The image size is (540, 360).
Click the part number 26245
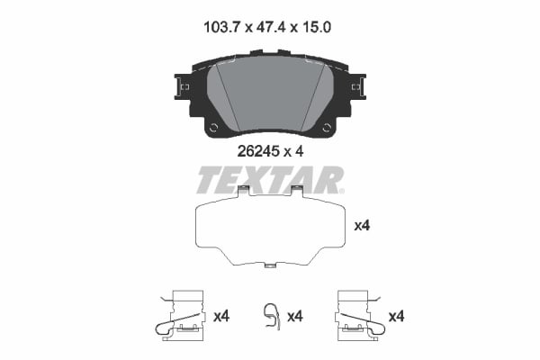click(257, 152)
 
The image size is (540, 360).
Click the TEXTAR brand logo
click(270, 180)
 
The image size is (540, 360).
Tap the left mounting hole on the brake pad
click(213, 128)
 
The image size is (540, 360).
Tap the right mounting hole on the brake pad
click(327, 128)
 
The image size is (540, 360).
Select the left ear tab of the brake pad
click(180, 86)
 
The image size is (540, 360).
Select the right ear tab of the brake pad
click(360, 86)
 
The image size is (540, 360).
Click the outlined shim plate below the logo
click(270, 229)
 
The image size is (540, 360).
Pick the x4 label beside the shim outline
click(363, 226)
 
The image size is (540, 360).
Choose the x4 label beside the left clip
click(222, 316)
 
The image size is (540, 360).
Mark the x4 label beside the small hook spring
click(292, 316)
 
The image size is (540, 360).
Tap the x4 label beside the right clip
click(396, 316)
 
